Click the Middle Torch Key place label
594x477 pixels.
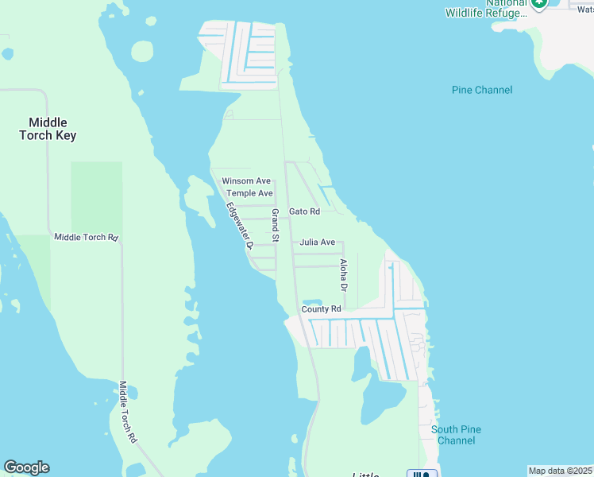[48, 129]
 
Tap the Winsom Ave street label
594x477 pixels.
[246, 181]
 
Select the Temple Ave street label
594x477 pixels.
[249, 193]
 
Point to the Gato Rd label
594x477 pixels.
[304, 211]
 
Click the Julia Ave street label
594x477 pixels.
[317, 242]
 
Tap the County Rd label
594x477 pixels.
[321, 308]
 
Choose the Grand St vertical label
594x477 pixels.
[275, 226]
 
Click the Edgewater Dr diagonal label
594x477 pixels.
[238, 227]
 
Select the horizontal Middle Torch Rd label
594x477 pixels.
[86, 237]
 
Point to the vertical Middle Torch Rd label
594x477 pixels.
[128, 412]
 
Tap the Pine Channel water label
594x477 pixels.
[482, 90]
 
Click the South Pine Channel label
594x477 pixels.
[457, 435]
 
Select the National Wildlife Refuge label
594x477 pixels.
[486, 8]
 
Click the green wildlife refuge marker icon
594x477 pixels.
[540, 4]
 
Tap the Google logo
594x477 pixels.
[26, 467]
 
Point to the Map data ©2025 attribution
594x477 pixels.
[560, 471]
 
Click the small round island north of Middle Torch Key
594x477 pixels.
[141, 51]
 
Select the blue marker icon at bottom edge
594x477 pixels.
[422, 474]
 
